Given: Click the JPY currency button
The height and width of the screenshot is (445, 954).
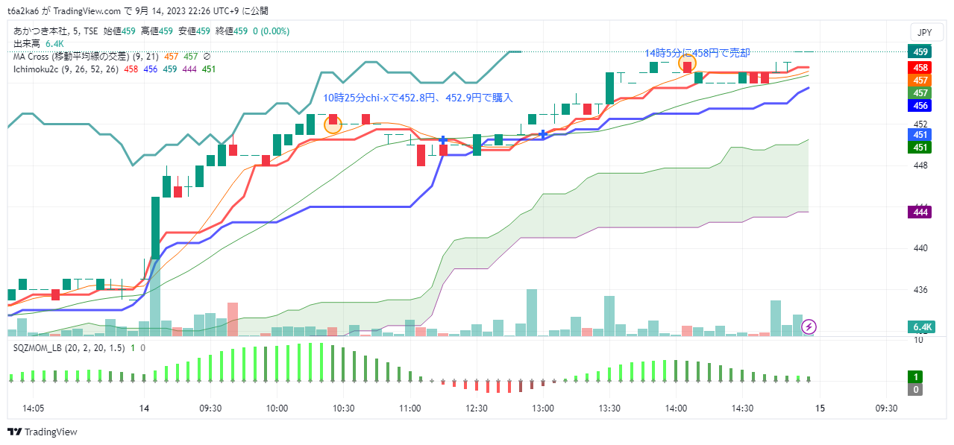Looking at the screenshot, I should (924, 32).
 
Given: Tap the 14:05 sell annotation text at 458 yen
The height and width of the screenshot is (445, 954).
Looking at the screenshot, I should (697, 53).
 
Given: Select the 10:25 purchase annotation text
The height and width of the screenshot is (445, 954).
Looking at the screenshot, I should (418, 98).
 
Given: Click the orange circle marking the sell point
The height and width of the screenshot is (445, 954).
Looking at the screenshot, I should (687, 64).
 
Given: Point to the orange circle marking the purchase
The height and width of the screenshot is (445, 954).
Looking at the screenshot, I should (333, 124).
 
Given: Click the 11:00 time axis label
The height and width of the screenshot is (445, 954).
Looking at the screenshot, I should (409, 408).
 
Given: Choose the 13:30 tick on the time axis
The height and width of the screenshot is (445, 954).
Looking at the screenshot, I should (609, 408).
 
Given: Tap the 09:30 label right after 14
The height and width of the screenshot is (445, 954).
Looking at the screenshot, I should (210, 408).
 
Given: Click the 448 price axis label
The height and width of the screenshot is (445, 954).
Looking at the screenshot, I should (920, 165).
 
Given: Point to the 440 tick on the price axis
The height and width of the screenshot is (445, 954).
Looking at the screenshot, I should (920, 248).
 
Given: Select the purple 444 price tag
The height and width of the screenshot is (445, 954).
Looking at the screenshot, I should (920, 212).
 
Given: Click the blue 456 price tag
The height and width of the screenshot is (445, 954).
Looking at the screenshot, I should (920, 106).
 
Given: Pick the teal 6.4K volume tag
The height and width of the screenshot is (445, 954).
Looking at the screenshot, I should (922, 327).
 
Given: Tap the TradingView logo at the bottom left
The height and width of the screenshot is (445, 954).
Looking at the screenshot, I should (43, 432).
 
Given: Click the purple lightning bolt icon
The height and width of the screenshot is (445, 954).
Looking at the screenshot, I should (809, 326).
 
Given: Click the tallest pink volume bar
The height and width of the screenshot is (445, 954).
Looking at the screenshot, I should (232, 319).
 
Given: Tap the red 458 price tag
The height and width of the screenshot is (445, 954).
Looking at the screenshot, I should (920, 67).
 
